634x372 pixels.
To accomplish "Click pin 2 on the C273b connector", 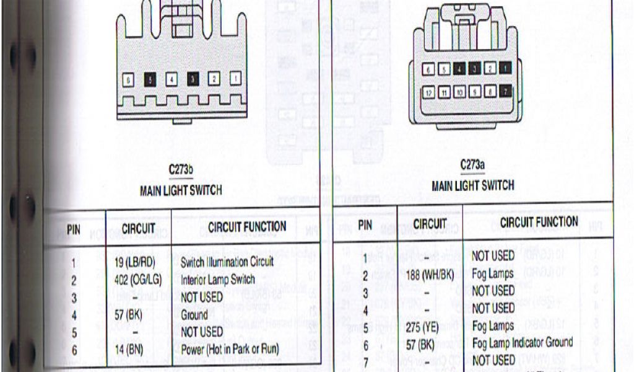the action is (x=213, y=79).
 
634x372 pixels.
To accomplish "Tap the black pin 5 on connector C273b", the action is (x=149, y=79).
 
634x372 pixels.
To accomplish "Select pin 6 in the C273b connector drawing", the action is (x=128, y=80).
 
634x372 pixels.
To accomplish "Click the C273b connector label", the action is (x=180, y=168).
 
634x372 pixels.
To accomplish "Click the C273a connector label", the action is (x=472, y=165).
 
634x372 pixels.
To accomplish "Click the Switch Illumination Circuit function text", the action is (x=227, y=262).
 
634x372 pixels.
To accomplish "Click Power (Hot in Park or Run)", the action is (x=229, y=349).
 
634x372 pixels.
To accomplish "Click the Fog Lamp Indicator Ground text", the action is (x=522, y=342).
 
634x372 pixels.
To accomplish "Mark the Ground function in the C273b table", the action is (x=194, y=314).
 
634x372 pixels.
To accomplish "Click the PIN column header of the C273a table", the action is (x=365, y=225).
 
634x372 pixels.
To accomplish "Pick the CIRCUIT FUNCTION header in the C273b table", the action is (x=247, y=227).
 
